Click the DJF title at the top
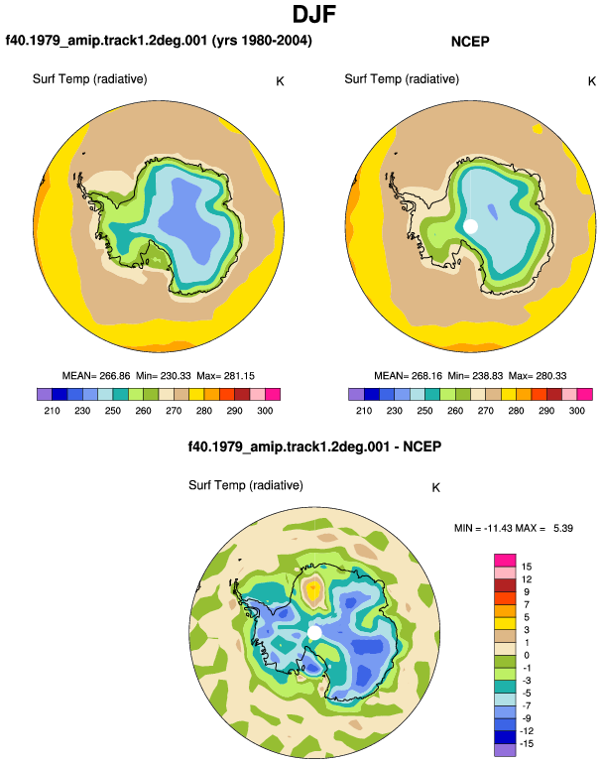[314, 14]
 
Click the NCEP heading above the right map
[470, 42]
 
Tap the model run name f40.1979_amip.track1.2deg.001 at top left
[106, 40]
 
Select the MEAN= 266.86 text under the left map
[96, 376]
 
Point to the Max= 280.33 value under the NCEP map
[538, 376]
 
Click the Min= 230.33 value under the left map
[164, 376]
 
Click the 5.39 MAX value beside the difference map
[563, 528]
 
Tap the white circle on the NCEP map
[470, 226]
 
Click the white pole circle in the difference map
[314, 632]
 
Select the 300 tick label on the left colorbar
[265, 411]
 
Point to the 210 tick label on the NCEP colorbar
[364, 411]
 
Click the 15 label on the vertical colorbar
[527, 567]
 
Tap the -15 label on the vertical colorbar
[526, 744]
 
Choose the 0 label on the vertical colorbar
[527, 655]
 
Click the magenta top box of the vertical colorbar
[505, 561]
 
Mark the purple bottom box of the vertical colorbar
[505, 750]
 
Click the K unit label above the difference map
[436, 488]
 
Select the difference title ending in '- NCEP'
[314, 446]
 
